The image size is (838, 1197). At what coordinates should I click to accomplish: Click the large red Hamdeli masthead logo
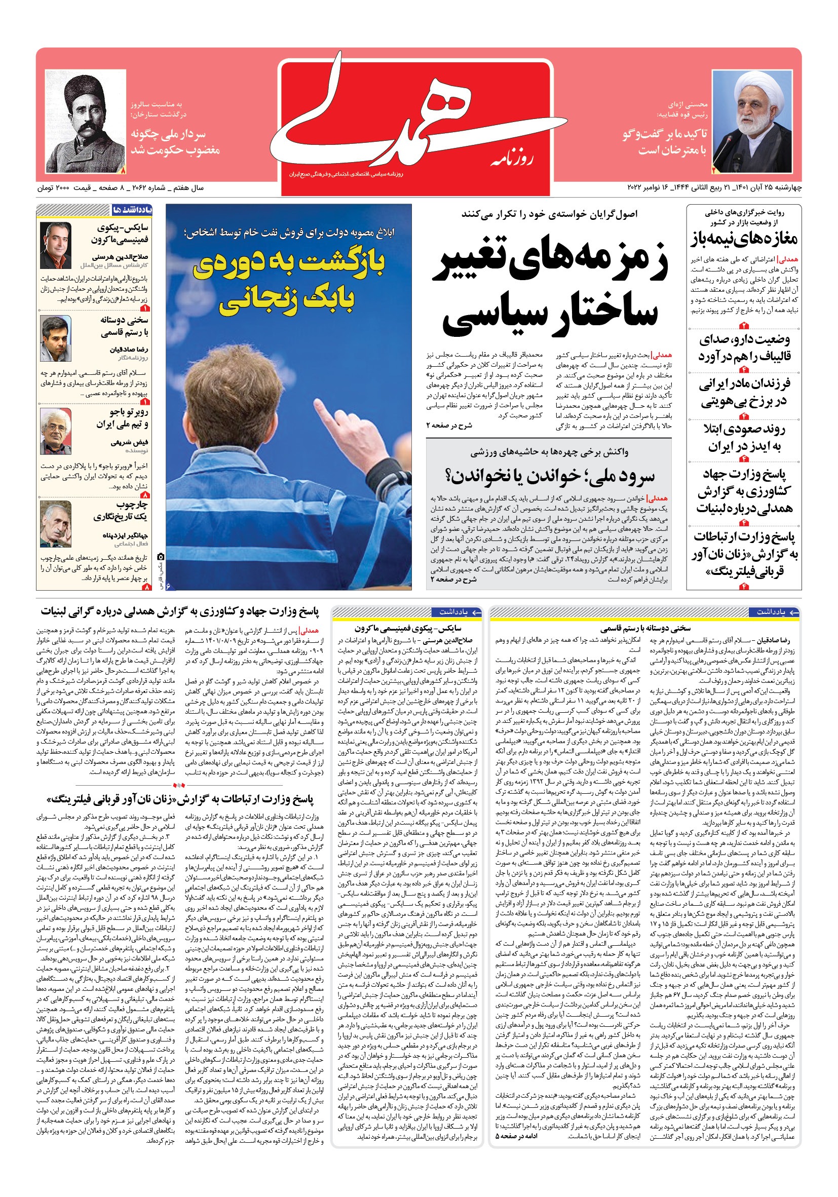pos(415,123)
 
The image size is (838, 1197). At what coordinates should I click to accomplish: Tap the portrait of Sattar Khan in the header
pos(86,122)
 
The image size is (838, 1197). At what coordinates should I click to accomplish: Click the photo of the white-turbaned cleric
pos(751,122)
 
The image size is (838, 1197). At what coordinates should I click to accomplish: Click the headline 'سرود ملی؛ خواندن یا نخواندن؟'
pos(549,476)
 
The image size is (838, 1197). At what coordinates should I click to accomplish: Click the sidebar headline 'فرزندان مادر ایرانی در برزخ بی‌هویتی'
pos(744,392)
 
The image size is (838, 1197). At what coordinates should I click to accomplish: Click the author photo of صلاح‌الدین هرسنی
pos(56,245)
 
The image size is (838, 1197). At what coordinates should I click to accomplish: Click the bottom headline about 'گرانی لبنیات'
pos(180,611)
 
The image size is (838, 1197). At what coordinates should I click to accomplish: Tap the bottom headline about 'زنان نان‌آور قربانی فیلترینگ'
pos(180,799)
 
